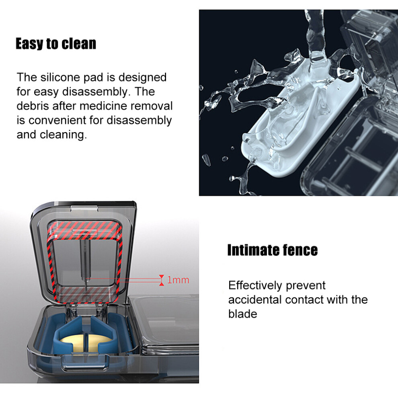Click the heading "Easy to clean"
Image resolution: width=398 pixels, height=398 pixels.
pos(56,44)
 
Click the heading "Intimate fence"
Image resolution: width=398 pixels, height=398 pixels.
pos(272,250)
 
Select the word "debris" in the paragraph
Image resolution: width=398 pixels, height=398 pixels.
pos(33,106)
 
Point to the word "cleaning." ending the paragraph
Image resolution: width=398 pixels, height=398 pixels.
pos(63,135)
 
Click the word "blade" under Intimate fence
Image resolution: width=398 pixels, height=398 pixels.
pos(242,314)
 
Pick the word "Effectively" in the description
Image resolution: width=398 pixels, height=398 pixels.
pos(255,285)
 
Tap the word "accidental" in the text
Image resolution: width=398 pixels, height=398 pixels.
pos(255,300)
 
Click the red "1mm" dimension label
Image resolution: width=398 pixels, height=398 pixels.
pos(178,280)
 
